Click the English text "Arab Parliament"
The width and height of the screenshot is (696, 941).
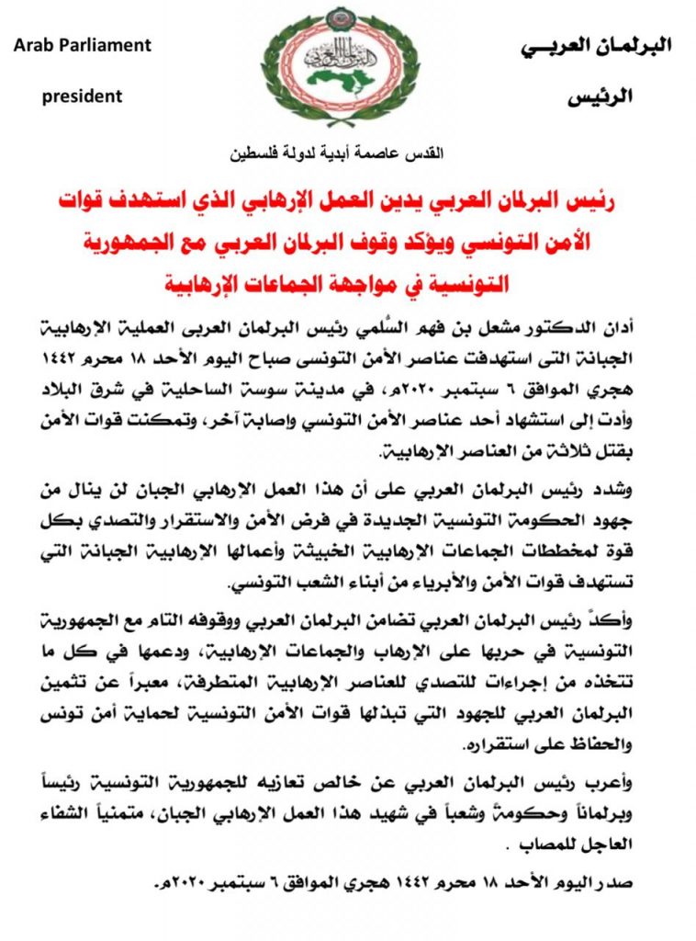click(x=83, y=44)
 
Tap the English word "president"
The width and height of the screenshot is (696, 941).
click(x=82, y=95)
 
